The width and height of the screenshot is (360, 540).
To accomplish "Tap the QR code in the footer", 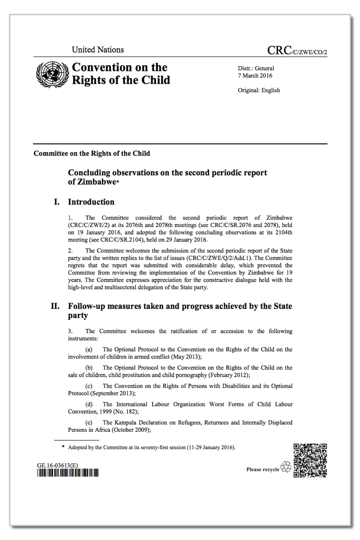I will coord(310,460).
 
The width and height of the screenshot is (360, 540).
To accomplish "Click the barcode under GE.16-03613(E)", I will coord(68,473).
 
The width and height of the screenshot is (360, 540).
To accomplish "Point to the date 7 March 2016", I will coord(256,76).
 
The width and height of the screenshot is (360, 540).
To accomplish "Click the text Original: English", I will coord(259,90).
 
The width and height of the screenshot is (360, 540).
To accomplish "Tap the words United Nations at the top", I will coord(98,50).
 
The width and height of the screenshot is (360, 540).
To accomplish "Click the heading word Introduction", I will coord(91,202).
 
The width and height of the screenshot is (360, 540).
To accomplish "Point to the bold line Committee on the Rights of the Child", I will coord(92,154).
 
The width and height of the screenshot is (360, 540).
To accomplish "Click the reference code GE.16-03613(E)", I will coord(58,465).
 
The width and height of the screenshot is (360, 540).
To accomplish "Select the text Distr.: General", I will coord(256,69).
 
